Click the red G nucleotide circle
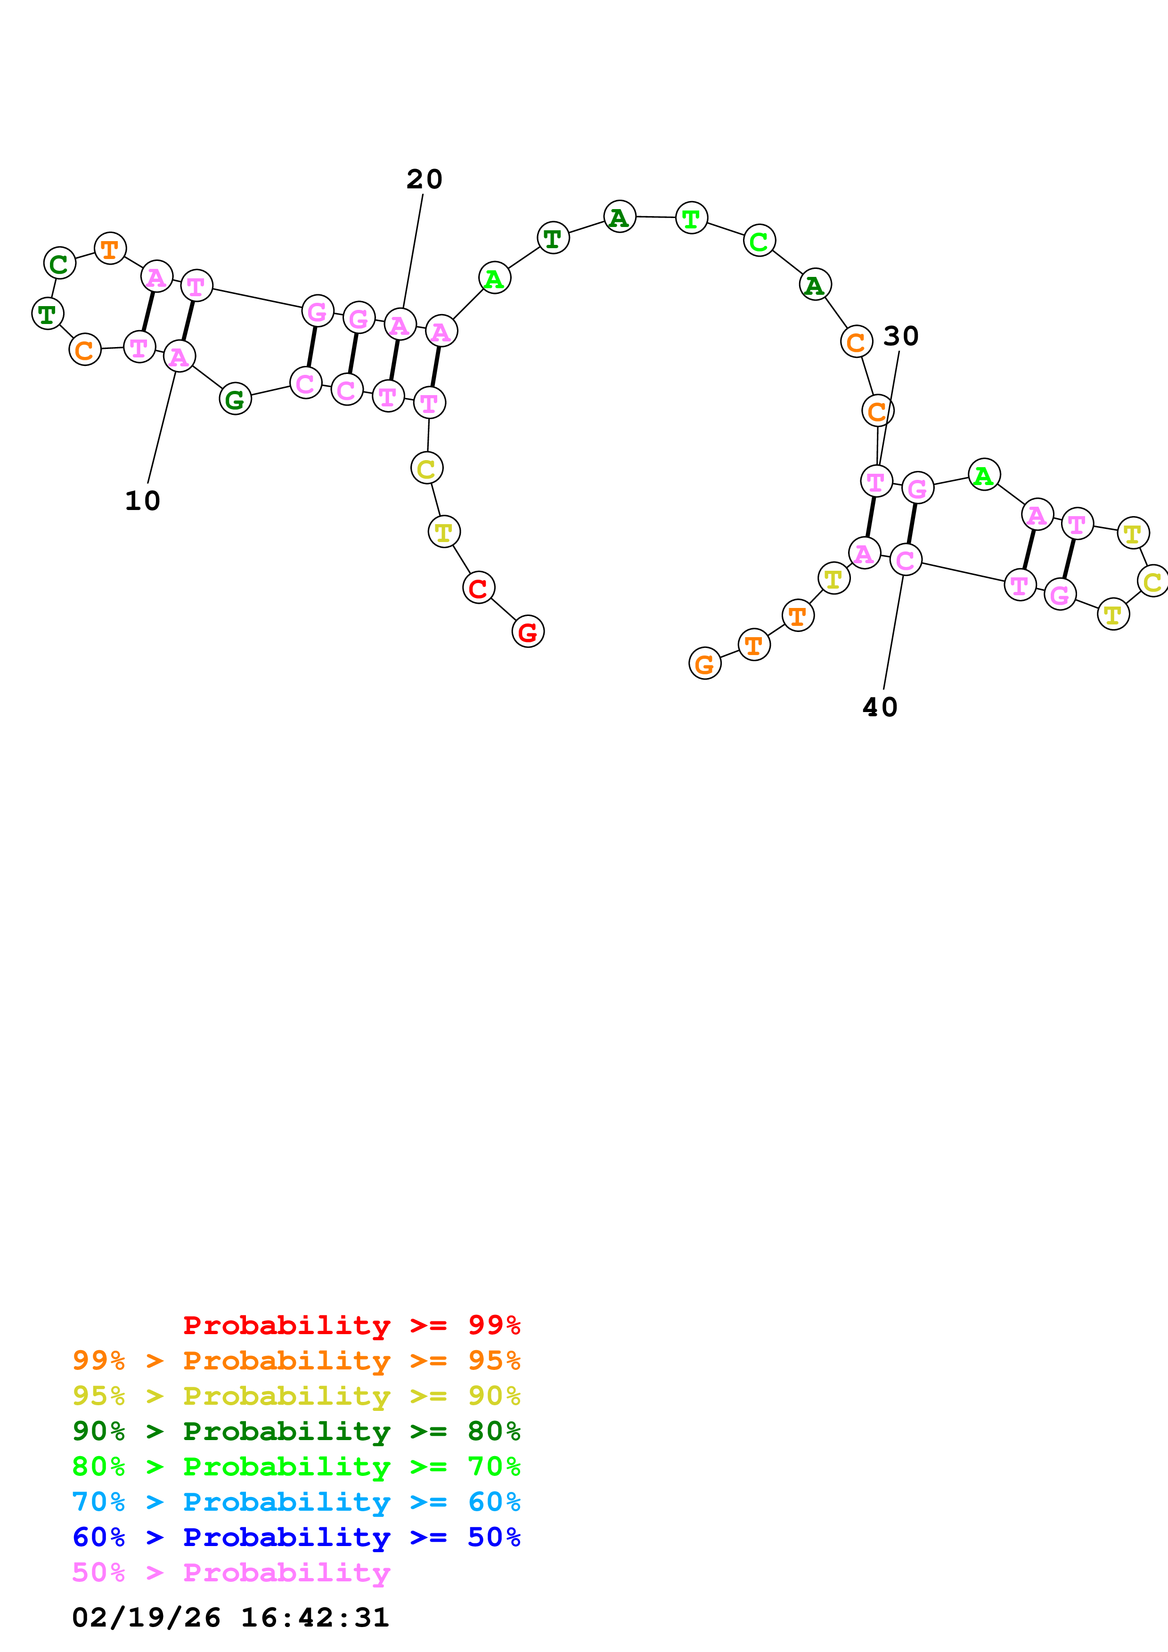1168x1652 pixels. [528, 632]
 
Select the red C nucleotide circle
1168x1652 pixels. [479, 588]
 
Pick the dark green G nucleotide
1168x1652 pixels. [235, 399]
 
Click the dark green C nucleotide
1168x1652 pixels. [60, 263]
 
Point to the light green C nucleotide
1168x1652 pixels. [759, 241]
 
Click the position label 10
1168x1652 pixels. [142, 501]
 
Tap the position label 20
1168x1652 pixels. [424, 179]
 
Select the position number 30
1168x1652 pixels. [900, 336]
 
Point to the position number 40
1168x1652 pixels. [880, 707]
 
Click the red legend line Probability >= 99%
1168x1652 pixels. [351, 1325]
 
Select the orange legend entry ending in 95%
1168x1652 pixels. [296, 1360]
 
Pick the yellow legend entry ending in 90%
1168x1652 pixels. [296, 1396]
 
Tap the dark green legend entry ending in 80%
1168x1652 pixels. [296, 1431]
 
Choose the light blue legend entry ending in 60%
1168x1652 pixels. [296, 1502]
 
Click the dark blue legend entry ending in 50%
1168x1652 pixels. [296, 1537]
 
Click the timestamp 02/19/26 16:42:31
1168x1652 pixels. [230, 1617]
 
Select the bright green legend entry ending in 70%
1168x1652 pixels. [296, 1466]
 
